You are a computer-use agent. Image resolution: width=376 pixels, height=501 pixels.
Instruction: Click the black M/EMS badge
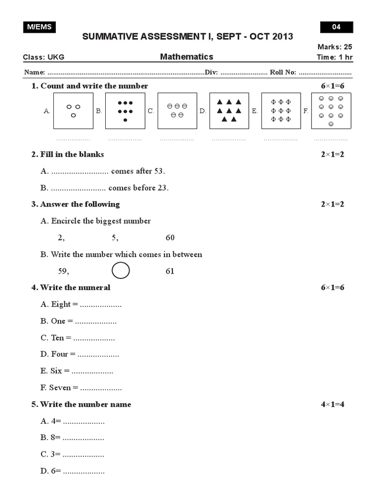click(x=39, y=27)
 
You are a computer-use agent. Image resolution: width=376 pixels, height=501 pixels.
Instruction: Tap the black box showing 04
click(x=336, y=27)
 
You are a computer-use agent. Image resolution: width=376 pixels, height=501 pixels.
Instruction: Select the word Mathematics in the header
click(x=187, y=57)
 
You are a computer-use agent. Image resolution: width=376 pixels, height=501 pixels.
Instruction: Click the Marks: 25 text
click(x=335, y=47)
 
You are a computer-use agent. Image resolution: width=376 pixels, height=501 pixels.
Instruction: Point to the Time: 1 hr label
click(x=335, y=57)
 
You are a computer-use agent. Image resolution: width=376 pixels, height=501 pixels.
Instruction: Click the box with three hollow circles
click(x=73, y=111)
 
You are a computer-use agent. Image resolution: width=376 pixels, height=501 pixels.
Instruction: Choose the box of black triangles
click(x=229, y=111)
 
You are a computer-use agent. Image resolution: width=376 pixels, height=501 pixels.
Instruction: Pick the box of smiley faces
click(x=331, y=111)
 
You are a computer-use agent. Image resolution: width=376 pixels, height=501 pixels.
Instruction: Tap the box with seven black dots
click(x=125, y=111)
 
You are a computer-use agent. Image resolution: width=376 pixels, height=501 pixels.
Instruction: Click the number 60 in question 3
click(x=170, y=238)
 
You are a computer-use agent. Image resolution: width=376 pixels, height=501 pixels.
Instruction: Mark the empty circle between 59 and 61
click(x=121, y=271)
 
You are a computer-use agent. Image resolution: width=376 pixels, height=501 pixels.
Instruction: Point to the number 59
click(x=63, y=271)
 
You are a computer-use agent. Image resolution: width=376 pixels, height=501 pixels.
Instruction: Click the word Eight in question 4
click(x=61, y=304)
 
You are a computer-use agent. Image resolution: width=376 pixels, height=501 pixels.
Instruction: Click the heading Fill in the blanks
click(x=68, y=155)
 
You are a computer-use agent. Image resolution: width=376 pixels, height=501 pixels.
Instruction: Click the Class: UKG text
click(x=44, y=57)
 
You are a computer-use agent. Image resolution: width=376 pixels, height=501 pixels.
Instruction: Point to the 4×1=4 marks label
click(x=332, y=404)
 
